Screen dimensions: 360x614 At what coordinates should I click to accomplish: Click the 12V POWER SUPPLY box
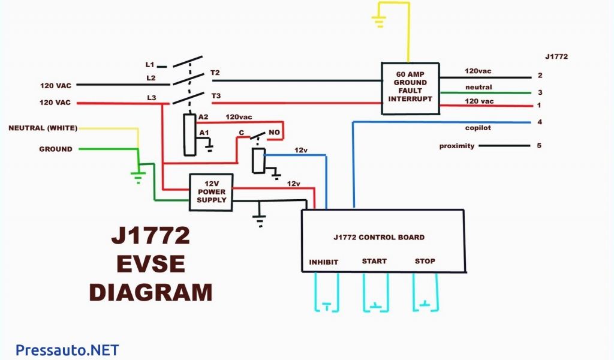(x=211, y=192)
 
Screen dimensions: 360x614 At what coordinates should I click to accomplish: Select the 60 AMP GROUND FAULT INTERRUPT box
(x=411, y=88)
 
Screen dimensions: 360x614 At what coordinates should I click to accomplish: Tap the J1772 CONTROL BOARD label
(x=379, y=237)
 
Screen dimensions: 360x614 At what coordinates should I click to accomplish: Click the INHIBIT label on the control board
(x=323, y=262)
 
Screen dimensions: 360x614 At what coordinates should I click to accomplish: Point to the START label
(x=374, y=261)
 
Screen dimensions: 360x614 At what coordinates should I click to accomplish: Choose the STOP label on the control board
(x=425, y=261)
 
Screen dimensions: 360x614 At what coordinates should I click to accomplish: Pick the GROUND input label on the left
(x=56, y=149)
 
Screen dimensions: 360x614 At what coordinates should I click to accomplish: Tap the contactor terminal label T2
(x=215, y=73)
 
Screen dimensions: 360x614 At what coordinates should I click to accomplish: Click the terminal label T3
(x=215, y=95)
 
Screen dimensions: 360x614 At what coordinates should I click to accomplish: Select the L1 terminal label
(x=150, y=64)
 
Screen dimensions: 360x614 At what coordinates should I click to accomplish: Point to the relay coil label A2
(x=204, y=116)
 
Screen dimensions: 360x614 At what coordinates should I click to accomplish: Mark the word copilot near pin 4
(x=478, y=128)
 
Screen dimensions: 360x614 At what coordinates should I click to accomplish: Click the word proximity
(x=457, y=146)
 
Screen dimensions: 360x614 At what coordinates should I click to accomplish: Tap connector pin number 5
(x=540, y=145)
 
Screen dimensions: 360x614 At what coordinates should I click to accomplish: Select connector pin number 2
(x=540, y=76)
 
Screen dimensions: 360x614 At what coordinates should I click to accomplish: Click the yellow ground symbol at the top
(x=378, y=23)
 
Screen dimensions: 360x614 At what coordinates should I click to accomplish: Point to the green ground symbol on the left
(x=138, y=176)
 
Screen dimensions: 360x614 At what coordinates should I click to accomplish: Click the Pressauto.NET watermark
(x=67, y=349)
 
